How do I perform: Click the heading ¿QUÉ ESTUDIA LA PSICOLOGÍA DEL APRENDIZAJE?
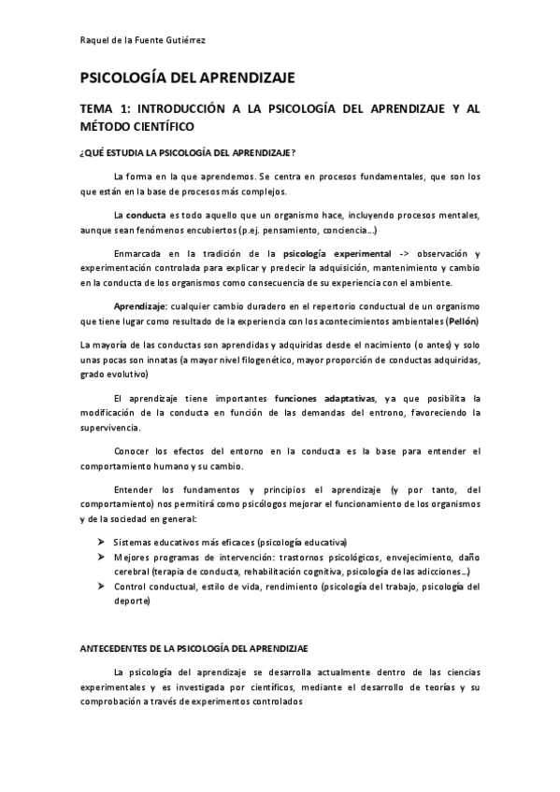[189, 152]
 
